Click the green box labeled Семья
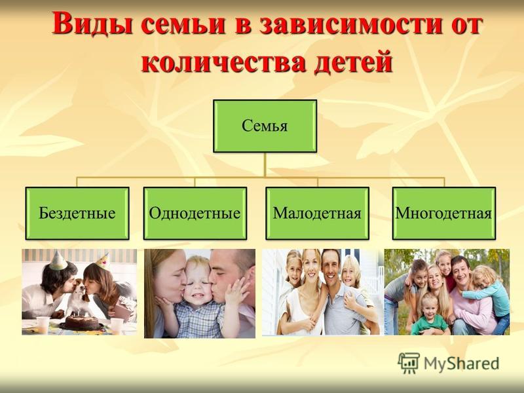pos(265,126)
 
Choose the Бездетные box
pos(77,214)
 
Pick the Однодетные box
pos(195,214)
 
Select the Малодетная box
pos(318,214)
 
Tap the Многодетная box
pos(444,214)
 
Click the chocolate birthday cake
pos(81,322)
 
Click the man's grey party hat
pos(58,260)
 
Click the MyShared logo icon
pos(408,363)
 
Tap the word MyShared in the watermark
pos(461,364)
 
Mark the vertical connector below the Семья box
pos(265,165)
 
